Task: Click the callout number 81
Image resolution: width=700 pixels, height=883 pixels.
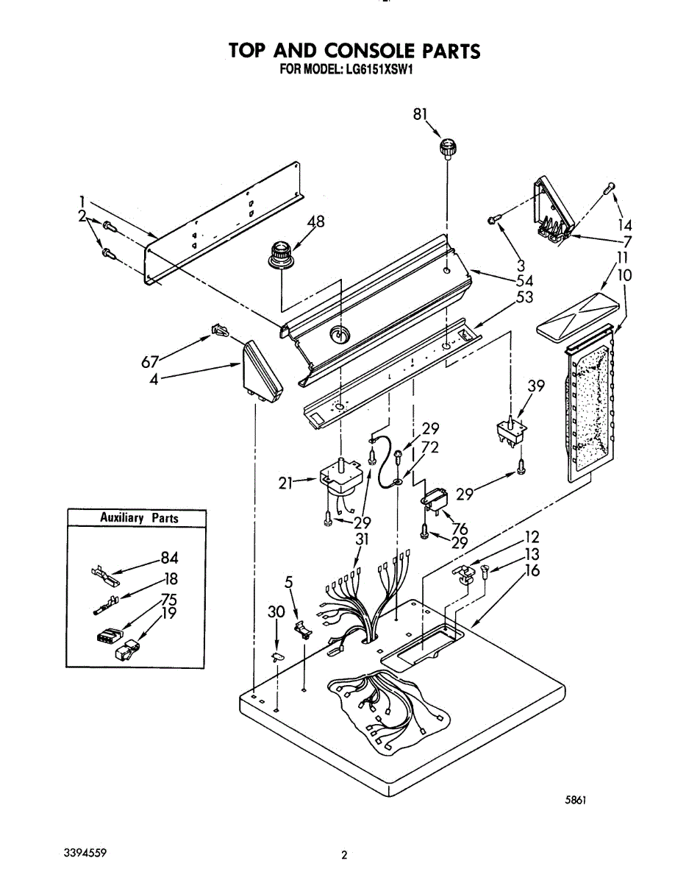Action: [x=421, y=114]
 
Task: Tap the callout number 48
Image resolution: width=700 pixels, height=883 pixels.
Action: [x=315, y=221]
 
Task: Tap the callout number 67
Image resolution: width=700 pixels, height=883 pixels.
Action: [x=151, y=362]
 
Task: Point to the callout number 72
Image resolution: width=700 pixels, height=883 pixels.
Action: [x=430, y=448]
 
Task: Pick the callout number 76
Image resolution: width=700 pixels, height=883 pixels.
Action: [x=460, y=528]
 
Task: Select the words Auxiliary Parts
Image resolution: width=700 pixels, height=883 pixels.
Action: [x=139, y=518]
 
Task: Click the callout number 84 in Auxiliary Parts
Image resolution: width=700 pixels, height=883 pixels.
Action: [x=169, y=559]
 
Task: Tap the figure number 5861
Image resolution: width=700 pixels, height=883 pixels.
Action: [x=575, y=801]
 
